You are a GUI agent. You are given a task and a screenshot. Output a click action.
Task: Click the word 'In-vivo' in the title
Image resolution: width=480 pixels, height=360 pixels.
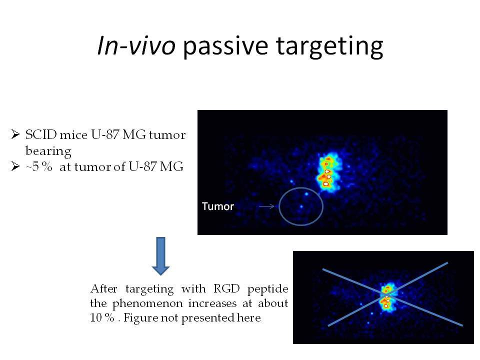coord(136,45)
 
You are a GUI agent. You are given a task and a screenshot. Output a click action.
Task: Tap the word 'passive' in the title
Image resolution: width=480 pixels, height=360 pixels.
coord(226,46)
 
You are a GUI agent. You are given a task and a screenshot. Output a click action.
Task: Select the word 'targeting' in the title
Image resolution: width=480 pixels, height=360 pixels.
coord(329,46)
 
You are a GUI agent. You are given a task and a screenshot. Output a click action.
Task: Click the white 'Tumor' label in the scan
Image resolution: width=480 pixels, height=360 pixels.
coord(217,206)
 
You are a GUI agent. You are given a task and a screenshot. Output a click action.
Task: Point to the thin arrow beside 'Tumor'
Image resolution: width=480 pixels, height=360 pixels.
coord(266,206)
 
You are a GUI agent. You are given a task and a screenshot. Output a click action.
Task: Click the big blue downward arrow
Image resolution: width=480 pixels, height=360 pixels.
coord(160,256)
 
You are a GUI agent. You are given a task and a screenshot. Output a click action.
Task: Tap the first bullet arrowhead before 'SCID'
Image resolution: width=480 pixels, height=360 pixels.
coord(15,134)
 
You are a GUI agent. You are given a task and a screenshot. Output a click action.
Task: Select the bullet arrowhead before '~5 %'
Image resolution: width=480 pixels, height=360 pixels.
coord(15,166)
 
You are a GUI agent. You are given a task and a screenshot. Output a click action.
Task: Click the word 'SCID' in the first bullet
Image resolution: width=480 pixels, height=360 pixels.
coord(41,134)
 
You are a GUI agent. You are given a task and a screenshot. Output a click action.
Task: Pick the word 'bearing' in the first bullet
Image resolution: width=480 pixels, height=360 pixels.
coord(48,151)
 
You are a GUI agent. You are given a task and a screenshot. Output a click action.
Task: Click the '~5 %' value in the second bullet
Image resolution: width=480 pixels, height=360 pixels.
coord(39,167)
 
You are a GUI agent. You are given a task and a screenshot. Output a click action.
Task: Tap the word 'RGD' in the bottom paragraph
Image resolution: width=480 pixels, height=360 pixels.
coord(226,288)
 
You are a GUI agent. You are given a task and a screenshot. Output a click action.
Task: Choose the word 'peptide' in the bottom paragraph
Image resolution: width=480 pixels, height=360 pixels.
coord(268,289)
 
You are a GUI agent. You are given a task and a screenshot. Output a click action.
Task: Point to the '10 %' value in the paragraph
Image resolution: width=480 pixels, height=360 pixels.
coord(102,317)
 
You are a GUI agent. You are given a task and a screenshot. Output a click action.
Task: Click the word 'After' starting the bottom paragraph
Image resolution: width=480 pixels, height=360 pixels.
coord(104,288)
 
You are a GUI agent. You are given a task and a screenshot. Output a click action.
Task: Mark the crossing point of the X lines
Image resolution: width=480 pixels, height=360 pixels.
coord(387,295)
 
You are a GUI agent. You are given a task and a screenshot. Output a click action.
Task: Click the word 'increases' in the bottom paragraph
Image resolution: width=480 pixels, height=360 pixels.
coord(212,303)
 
